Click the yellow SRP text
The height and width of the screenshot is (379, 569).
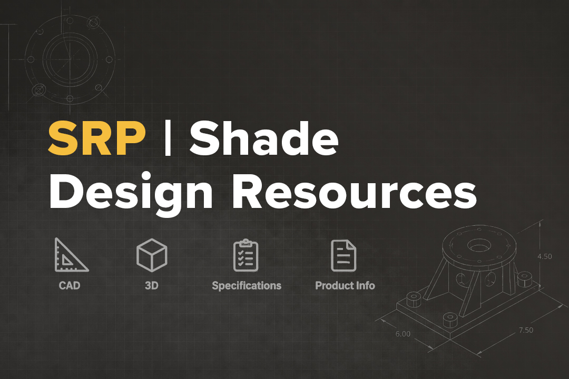tap(97, 138)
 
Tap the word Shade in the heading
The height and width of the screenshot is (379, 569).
tap(264, 138)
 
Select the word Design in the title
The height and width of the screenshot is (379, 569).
tap(131, 192)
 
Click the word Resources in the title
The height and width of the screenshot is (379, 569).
tap(354, 192)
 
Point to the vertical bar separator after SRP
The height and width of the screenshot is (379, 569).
tap(168, 138)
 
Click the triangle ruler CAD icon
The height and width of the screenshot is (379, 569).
tap(71, 255)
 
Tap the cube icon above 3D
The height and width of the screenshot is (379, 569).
tap(152, 255)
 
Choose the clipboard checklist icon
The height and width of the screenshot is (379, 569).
tap(246, 255)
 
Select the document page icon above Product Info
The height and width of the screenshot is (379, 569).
tap(344, 255)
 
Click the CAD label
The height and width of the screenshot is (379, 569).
tap(70, 285)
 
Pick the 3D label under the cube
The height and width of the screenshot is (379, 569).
tap(152, 285)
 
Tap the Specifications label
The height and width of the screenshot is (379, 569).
tap(247, 286)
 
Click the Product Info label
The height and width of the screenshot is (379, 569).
tap(345, 285)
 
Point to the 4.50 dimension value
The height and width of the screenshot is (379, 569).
tap(544, 256)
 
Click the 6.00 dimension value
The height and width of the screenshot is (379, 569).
tap(403, 334)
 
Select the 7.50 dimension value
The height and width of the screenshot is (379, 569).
tap(526, 330)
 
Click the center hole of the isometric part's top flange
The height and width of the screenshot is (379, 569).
tap(479, 245)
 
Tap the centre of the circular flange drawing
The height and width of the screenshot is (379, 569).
tap(70, 59)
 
